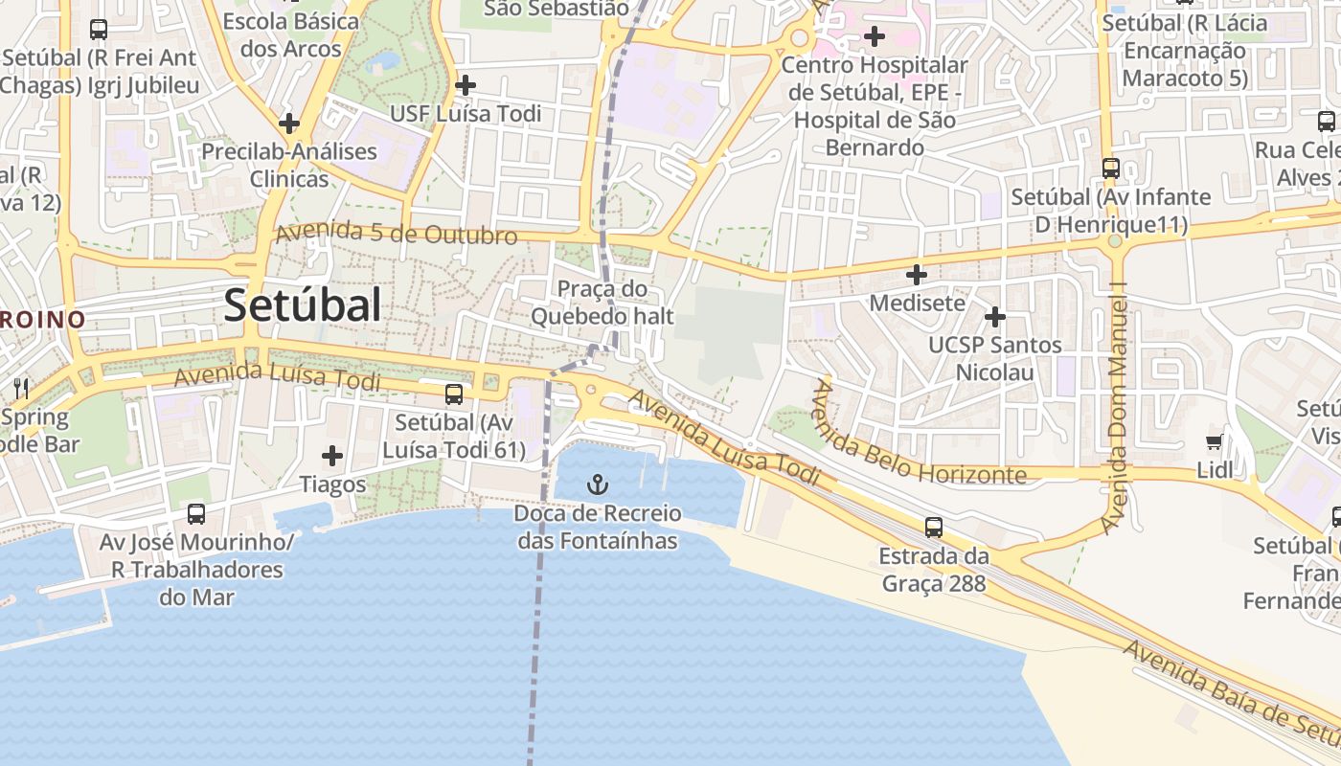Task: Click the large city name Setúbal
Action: (303, 305)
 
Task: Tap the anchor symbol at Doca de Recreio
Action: (598, 484)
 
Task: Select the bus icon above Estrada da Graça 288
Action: (934, 527)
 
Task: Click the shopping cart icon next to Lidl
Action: (1215, 442)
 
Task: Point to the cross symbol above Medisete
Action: (917, 275)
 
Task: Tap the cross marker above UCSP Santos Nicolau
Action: (995, 316)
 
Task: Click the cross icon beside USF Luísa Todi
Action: (466, 85)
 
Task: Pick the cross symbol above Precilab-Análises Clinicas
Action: (289, 124)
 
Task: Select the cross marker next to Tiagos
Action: (332, 456)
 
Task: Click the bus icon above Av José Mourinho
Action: (196, 514)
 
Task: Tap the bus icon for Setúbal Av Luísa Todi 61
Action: (454, 394)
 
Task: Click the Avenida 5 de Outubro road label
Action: (397, 234)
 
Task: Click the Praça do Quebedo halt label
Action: (602, 302)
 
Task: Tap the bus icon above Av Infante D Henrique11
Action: (1111, 169)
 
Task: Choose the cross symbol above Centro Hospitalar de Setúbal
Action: (874, 37)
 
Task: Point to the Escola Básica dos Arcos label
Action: (291, 34)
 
